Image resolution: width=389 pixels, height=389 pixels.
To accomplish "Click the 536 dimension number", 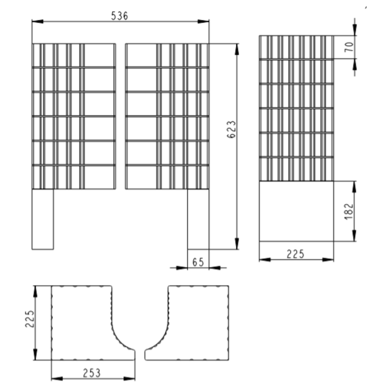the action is point(120,16).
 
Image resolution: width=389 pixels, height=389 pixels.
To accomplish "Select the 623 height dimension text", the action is point(232,129).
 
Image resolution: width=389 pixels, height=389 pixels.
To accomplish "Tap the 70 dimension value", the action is point(349,47).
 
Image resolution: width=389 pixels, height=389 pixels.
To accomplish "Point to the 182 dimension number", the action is point(349,212).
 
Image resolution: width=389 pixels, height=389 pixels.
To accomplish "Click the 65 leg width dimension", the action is point(198,262).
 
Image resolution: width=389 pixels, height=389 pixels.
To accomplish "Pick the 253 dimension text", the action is point(91,373).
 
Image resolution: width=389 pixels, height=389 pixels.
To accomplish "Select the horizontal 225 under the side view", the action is point(295,254).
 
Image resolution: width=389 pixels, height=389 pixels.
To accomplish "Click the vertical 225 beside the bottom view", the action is point(30,319).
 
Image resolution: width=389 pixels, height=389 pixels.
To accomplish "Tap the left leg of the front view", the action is point(43,219).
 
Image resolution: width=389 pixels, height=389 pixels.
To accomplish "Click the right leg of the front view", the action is point(198,219).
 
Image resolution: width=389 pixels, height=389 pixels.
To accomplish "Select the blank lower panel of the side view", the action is point(296,211).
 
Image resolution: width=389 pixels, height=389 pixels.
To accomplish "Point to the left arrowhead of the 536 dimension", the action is point(37,22).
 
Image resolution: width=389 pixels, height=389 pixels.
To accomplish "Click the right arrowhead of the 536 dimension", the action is point(204,22).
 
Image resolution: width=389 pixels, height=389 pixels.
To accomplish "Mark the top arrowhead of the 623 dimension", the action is point(237,49).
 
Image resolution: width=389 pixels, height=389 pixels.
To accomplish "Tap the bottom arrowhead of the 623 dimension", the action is point(237,243).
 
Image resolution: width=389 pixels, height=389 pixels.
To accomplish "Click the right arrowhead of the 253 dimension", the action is point(129,378).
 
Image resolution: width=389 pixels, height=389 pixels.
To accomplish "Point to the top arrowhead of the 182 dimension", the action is point(354,187).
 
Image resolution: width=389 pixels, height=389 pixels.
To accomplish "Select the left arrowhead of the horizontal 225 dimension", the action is point(265,260).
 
